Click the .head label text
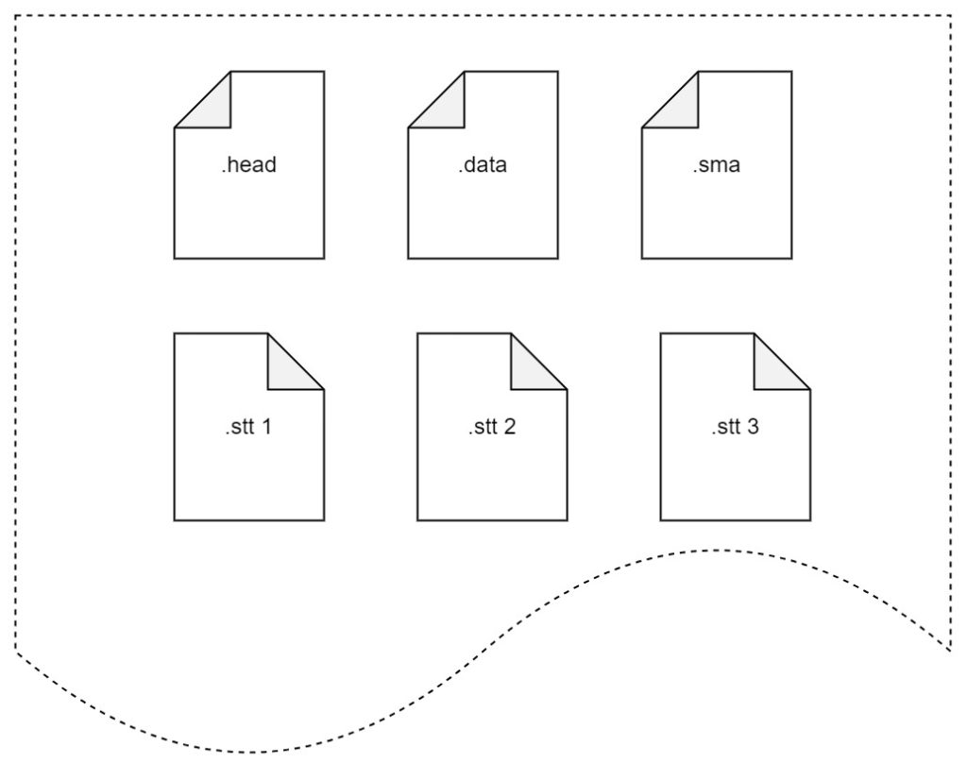[x=249, y=165]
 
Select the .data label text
[x=483, y=165]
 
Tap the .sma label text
[x=717, y=165]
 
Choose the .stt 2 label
[x=492, y=427]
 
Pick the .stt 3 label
[x=735, y=427]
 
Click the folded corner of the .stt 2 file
[x=530, y=370]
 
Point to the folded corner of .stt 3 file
[x=772, y=370]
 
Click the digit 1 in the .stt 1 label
[x=266, y=427]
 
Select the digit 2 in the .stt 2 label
[x=510, y=427]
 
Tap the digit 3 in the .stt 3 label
[x=753, y=427]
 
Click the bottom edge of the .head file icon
[x=249, y=258]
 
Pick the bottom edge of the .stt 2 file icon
[x=492, y=520]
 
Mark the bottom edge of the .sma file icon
[x=717, y=258]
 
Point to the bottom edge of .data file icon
[x=483, y=258]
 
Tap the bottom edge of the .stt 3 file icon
[x=735, y=520]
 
